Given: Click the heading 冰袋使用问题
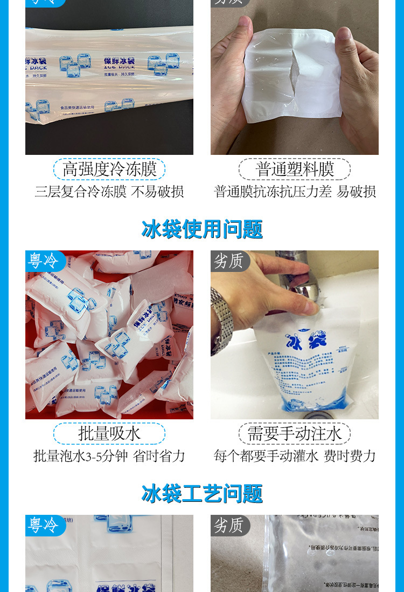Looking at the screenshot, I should [x=202, y=229].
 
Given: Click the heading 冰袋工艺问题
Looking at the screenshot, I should [x=202, y=494].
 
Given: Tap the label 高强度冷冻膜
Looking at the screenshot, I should [x=109, y=169].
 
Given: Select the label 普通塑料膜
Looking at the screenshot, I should [x=295, y=169].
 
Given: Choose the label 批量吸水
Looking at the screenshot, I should [x=109, y=433].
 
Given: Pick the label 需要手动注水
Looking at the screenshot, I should [x=295, y=433].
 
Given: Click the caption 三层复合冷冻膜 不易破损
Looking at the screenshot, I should [x=109, y=192].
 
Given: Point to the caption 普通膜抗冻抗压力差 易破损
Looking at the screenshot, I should [x=295, y=192].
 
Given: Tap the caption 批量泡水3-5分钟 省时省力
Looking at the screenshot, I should [x=109, y=456].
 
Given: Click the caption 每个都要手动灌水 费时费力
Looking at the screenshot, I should [x=295, y=456].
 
